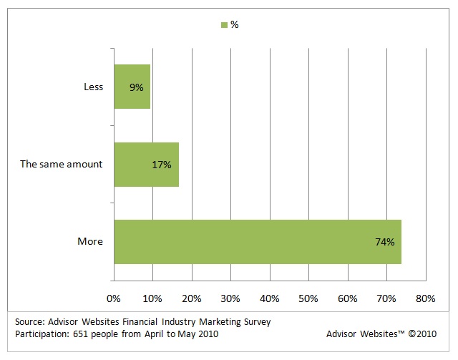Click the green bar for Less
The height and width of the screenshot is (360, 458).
pos(132,87)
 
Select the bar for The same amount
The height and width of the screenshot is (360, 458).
pos(146,164)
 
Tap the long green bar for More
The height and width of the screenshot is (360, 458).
pos(258,242)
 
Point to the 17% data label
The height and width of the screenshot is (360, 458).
pos(162,165)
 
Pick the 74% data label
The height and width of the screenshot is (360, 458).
pos(385,242)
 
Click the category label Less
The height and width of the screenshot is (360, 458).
pos(93,87)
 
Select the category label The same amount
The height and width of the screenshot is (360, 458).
pos(62,165)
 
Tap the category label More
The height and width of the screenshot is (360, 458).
pos(90,242)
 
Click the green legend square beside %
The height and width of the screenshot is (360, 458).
pos(224,25)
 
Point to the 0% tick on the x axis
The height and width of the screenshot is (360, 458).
pos(114,298)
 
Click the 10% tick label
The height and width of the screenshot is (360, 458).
pos(153,298)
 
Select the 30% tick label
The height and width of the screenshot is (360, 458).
pos(231,298)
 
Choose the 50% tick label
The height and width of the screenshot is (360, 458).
pos(309,298)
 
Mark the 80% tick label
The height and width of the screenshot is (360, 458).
pos(425,298)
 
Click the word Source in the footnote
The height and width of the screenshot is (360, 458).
pos(31,322)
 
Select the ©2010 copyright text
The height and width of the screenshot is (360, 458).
pos(421,334)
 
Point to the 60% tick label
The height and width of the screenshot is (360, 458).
pos(348,298)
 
